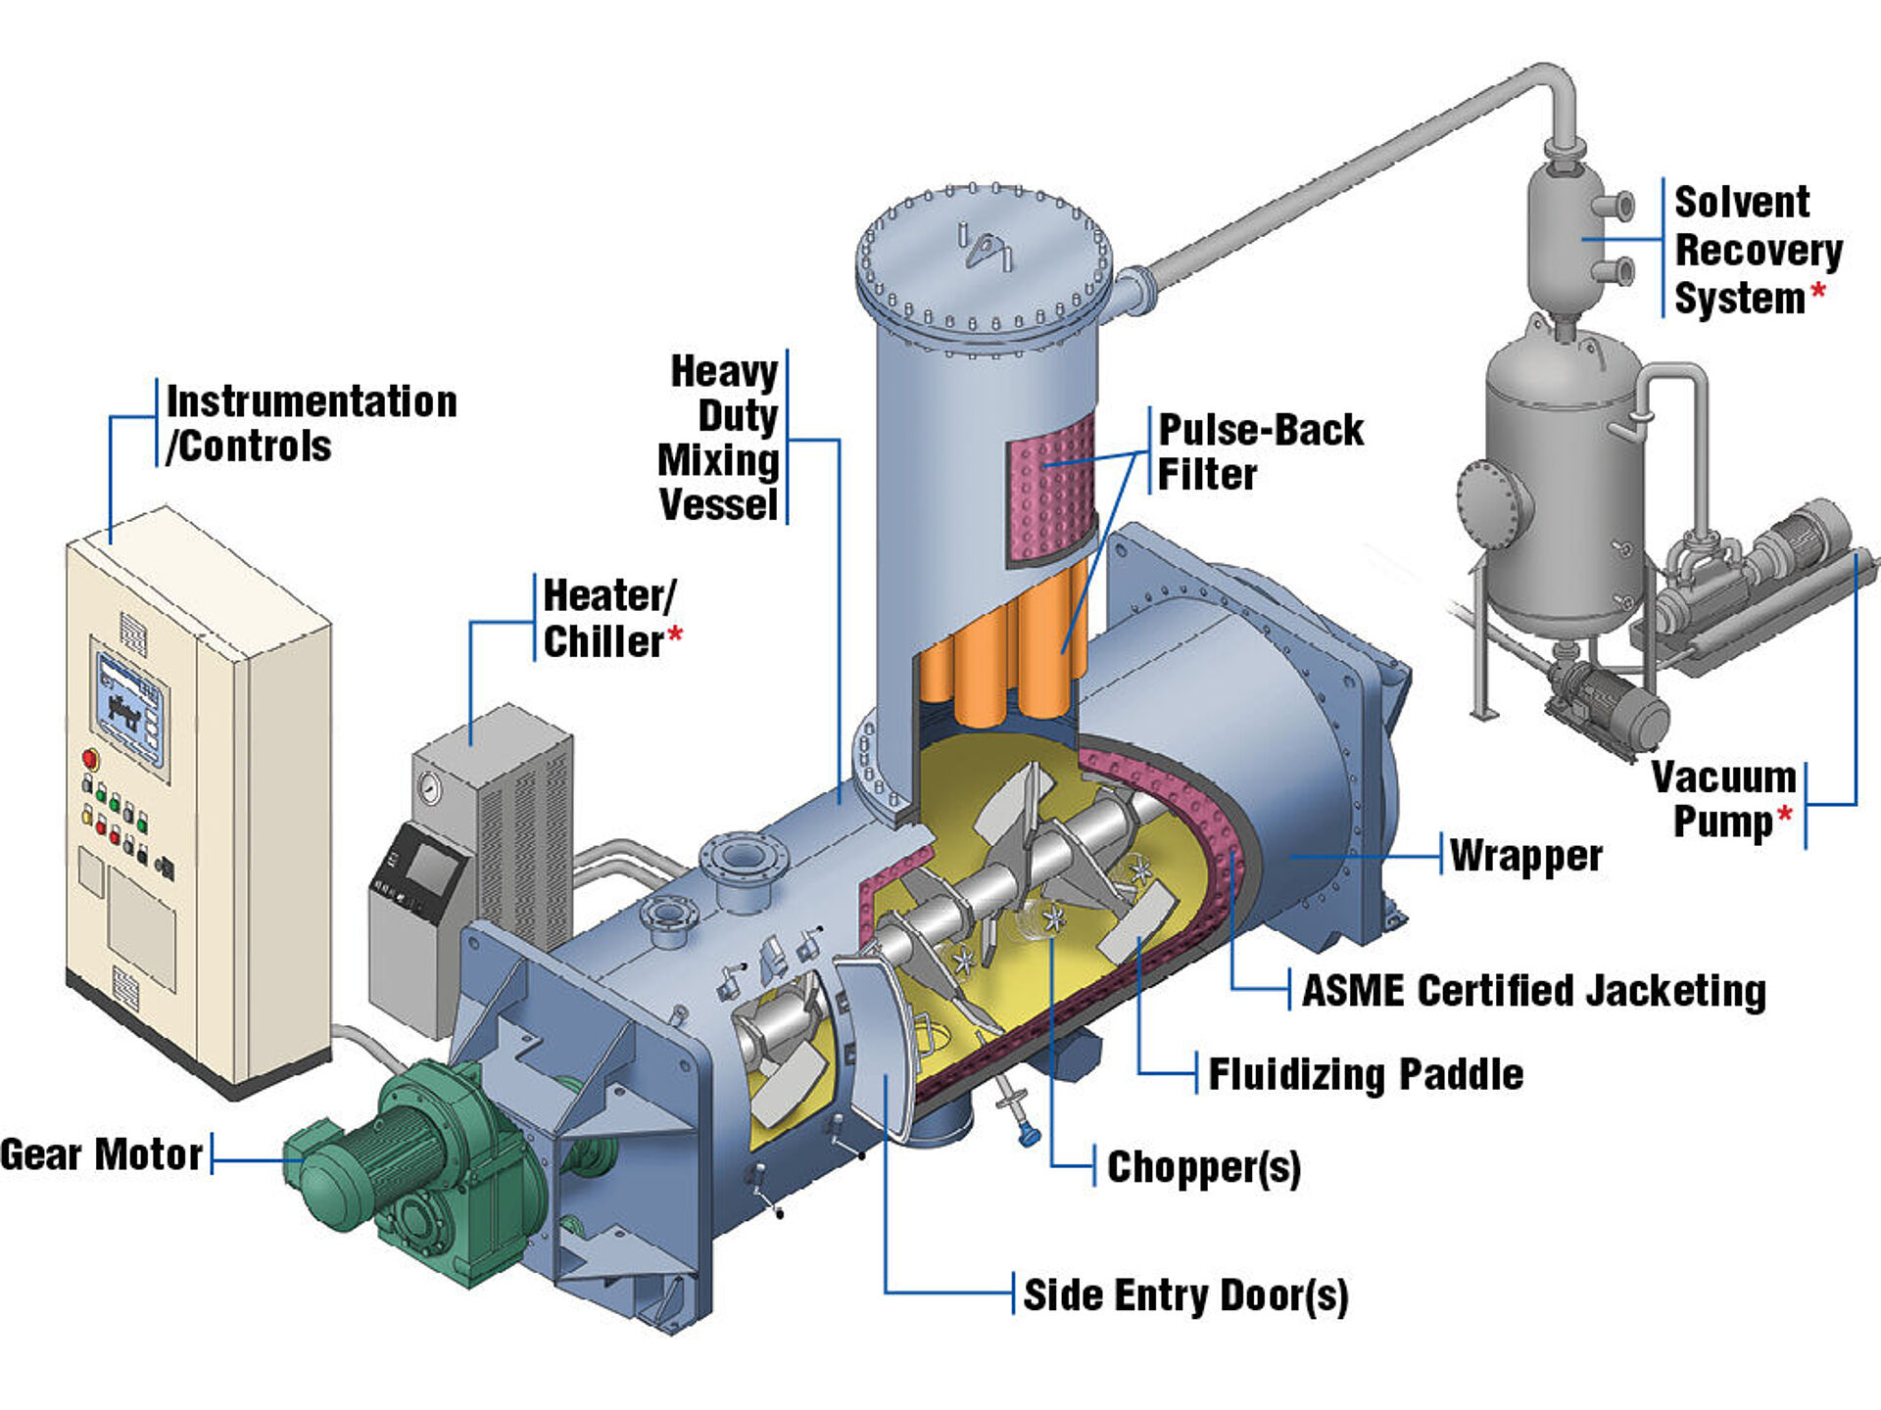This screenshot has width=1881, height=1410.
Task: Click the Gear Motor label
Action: click(x=101, y=1154)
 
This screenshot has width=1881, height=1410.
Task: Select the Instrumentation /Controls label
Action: click(x=312, y=423)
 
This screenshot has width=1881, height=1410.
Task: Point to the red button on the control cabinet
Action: click(x=90, y=759)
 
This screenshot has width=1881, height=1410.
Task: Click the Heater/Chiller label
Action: click(x=608, y=619)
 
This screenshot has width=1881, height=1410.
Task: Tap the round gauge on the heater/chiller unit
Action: click(x=429, y=788)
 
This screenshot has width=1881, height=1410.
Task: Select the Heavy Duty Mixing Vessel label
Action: click(x=720, y=438)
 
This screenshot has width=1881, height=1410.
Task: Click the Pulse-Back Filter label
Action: click(x=1260, y=451)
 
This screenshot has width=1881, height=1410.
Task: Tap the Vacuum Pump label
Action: click(x=1724, y=799)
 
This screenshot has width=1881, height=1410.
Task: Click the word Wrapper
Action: click(x=1525, y=856)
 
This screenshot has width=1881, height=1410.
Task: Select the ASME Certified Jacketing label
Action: click(x=1533, y=990)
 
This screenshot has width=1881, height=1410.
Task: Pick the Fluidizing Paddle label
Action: click(x=1365, y=1074)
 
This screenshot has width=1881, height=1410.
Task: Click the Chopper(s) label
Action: click(x=1203, y=1166)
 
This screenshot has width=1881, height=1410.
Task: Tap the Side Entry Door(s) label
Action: click(x=1185, y=1294)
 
